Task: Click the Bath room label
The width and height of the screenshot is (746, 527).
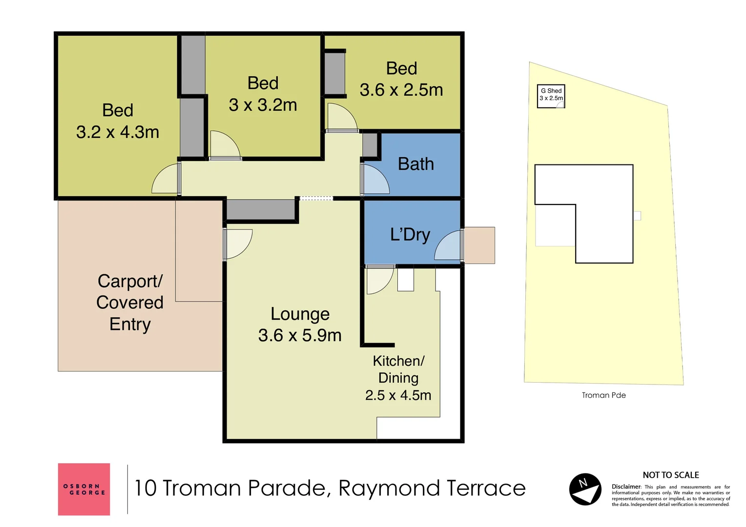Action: click(416, 164)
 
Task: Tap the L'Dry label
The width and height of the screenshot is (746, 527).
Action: click(410, 235)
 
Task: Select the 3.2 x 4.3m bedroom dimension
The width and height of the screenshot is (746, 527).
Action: click(118, 132)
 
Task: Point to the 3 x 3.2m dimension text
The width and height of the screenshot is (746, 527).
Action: click(263, 105)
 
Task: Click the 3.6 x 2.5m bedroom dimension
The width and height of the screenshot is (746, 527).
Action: click(401, 90)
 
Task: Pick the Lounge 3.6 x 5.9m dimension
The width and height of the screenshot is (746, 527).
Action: click(300, 335)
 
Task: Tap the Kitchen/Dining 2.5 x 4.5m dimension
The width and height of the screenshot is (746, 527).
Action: click(398, 396)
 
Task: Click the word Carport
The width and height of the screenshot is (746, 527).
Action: click(130, 282)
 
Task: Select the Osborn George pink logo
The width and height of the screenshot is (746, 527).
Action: click(84, 489)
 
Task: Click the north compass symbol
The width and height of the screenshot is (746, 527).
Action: click(585, 489)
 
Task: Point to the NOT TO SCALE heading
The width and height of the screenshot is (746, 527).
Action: click(671, 475)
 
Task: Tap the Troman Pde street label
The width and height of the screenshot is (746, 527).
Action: click(604, 395)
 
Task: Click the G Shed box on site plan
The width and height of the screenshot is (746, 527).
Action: click(551, 96)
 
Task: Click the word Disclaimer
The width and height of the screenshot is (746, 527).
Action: click(626, 486)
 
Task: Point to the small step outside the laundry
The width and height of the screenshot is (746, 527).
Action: click(479, 245)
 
